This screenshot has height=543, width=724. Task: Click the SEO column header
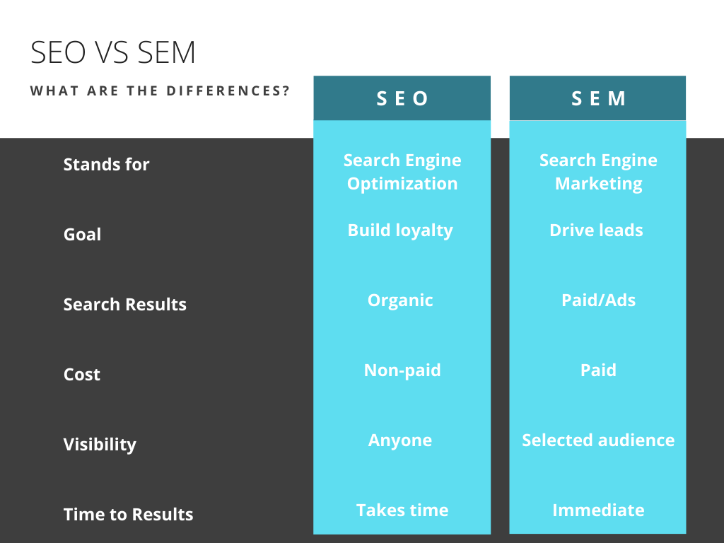[x=402, y=98]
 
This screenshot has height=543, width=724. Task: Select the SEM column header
[x=598, y=98]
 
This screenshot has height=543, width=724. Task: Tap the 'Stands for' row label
[x=106, y=164]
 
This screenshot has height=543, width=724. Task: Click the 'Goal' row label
[x=82, y=235]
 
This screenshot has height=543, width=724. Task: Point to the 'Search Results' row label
[x=124, y=305]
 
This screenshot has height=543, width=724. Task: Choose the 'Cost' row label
[x=82, y=375]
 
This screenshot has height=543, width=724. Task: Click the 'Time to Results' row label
[x=129, y=515]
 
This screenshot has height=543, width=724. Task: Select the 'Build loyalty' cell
[x=400, y=231]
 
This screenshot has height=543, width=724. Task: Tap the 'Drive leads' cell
[x=596, y=230]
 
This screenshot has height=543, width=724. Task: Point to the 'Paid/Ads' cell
[x=598, y=300]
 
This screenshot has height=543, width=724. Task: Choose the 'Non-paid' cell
[x=402, y=370]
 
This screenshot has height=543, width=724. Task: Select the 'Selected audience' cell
[x=598, y=440]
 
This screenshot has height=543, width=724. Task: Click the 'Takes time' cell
[x=402, y=510]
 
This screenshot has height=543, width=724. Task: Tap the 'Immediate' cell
[x=598, y=510]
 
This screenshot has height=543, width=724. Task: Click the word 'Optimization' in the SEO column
[x=402, y=185]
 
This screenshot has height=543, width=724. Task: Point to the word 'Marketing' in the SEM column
[x=598, y=185]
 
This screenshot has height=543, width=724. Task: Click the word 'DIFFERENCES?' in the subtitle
[x=228, y=91]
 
